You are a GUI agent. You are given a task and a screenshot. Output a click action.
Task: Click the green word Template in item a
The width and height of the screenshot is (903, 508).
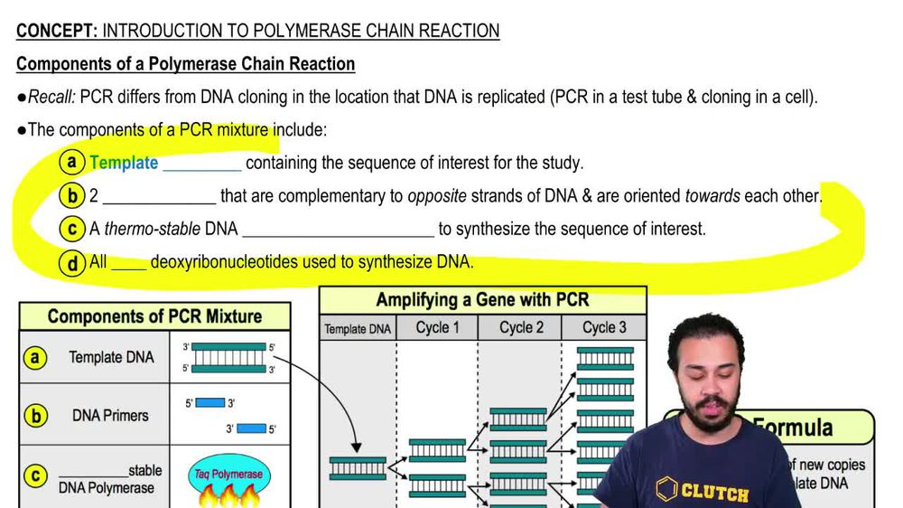(124, 164)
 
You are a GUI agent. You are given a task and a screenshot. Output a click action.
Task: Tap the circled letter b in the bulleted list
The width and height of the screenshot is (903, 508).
(71, 195)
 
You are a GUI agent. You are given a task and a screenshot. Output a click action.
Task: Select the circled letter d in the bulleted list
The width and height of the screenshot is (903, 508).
(71, 263)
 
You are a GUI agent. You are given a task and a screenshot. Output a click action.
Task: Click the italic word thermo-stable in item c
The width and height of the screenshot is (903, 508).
(164, 230)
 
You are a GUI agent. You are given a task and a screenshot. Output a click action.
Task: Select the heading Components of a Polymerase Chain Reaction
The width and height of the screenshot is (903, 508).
(185, 64)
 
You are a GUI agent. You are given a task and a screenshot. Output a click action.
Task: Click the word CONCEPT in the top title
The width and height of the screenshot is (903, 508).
(56, 31)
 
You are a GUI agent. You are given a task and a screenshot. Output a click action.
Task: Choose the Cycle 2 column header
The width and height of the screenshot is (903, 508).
(522, 327)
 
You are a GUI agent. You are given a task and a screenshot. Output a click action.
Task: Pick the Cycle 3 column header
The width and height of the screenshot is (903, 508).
(604, 327)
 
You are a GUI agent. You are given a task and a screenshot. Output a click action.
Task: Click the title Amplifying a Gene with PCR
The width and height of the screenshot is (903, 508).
(482, 300)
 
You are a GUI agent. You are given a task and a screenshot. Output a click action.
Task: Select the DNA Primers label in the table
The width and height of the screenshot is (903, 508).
(110, 416)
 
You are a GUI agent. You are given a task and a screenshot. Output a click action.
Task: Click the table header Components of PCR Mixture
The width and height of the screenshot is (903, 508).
(154, 316)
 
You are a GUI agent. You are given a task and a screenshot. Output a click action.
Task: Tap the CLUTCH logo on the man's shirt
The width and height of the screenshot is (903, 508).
(704, 492)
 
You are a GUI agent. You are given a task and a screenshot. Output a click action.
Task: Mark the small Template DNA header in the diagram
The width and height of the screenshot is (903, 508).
(358, 329)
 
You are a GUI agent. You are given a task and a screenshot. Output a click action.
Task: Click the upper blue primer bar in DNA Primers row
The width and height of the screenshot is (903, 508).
(209, 403)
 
